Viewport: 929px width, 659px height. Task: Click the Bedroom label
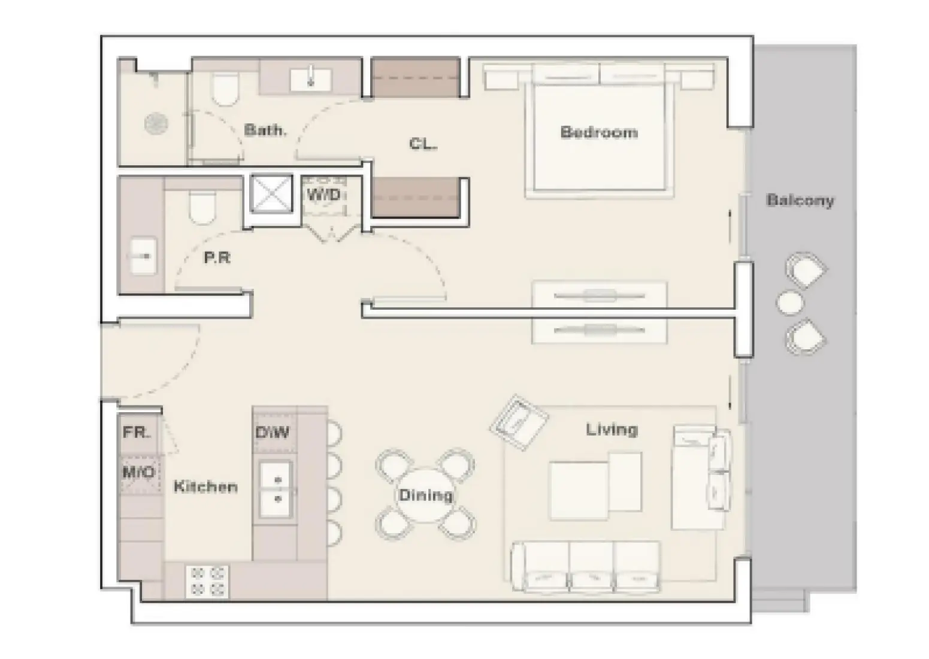coord(599,132)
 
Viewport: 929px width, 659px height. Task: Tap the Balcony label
coord(800,201)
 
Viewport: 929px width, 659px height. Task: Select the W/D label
coord(323,195)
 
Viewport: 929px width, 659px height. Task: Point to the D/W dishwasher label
coord(272,433)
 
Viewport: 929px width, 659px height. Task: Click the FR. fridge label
coord(137,433)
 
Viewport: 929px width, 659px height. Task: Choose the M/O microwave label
coord(138,472)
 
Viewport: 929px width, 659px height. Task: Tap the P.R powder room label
coord(217,258)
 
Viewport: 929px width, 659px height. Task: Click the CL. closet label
coord(423,144)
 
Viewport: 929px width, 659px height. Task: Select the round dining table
coord(425,495)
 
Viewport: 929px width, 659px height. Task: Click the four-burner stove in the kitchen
coord(207,582)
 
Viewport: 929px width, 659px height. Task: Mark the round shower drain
coord(156,123)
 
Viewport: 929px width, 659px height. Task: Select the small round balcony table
coord(789,303)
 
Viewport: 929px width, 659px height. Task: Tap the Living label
coord(612,430)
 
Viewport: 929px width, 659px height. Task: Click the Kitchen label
coord(205,486)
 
